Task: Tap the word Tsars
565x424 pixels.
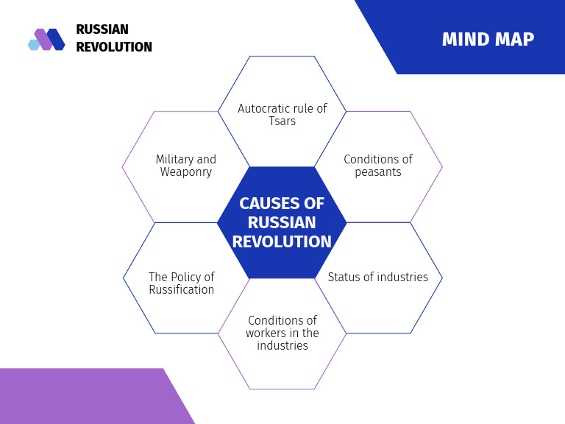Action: [282, 121]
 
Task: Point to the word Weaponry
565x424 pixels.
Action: [186, 172]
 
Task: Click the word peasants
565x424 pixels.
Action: [377, 172]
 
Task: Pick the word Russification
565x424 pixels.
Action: [182, 290]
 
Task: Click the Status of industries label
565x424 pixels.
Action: [377, 278]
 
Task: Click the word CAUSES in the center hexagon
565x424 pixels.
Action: [271, 204]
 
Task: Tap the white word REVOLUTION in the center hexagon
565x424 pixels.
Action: [282, 242]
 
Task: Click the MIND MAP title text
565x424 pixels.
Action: [488, 40]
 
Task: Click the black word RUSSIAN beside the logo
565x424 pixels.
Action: [102, 30]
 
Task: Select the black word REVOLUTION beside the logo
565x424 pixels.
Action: [114, 48]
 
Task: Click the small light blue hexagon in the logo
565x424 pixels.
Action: [33, 45]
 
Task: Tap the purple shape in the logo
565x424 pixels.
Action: [43, 39]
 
